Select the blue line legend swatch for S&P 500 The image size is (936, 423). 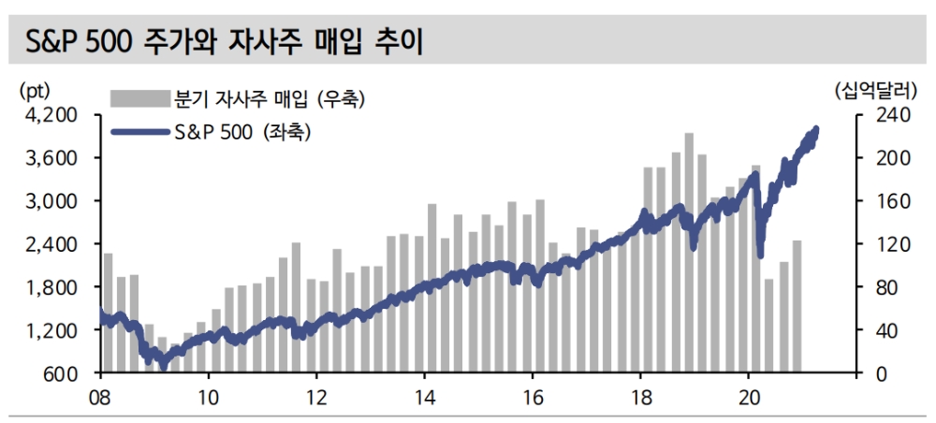coord(139,133)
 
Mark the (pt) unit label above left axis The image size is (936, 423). coord(34,91)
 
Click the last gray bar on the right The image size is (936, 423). coord(797,306)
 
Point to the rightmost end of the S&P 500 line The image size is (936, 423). coord(816,129)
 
